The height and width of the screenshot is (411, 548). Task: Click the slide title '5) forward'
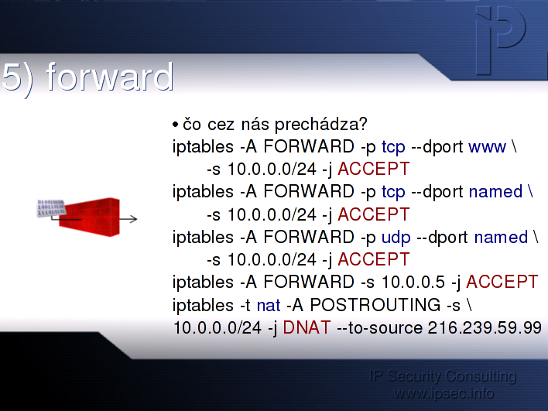(x=87, y=77)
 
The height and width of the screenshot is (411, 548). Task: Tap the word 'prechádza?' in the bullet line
(x=321, y=125)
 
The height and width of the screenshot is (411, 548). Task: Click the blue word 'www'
(x=487, y=148)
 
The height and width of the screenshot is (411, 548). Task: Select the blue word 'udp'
(x=396, y=238)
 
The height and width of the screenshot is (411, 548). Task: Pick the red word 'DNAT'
(x=307, y=328)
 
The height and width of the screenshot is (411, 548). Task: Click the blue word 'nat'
(x=269, y=306)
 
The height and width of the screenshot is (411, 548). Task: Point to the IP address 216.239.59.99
(x=485, y=328)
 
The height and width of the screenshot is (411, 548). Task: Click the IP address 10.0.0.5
(x=413, y=283)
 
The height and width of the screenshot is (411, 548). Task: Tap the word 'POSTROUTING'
(x=375, y=305)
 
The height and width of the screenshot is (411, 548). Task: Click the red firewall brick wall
(x=90, y=217)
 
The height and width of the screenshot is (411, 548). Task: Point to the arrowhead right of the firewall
(x=133, y=219)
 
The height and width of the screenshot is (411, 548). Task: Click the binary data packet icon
(x=51, y=208)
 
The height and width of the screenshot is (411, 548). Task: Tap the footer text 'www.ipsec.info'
(x=444, y=393)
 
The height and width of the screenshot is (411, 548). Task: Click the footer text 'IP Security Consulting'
(x=443, y=376)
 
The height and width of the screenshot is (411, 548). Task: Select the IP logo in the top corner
(x=500, y=40)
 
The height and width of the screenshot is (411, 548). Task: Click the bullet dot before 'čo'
(x=176, y=125)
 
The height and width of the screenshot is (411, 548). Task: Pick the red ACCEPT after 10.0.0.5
(x=502, y=283)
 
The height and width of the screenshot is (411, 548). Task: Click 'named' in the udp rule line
(x=501, y=238)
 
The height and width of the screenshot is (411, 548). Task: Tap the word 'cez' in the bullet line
(x=221, y=125)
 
